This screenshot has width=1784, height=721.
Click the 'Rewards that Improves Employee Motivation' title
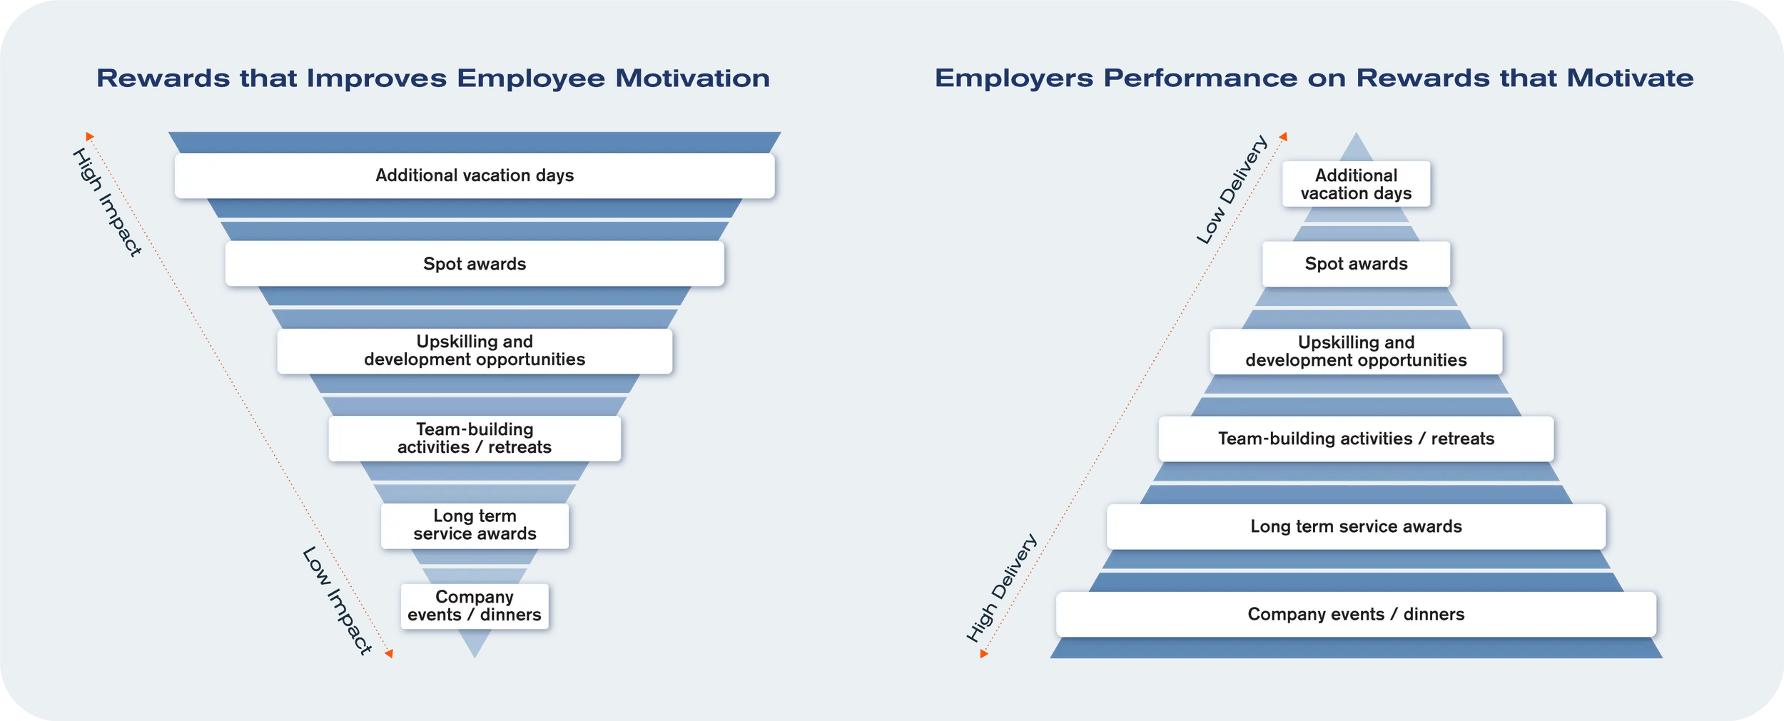433,78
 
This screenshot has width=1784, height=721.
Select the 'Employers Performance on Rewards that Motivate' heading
1314,78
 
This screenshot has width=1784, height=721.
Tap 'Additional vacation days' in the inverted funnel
475,175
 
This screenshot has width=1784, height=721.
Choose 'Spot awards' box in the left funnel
475,264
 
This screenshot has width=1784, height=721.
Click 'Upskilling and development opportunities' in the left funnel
475,351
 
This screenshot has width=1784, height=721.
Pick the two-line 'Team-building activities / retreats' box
475,439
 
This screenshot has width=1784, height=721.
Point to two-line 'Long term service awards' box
475,526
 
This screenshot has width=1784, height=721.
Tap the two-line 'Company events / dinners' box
475,606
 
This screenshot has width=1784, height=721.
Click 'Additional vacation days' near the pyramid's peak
1356,184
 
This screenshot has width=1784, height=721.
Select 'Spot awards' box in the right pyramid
1356,264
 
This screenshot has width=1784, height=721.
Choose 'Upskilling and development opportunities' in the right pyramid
1356,352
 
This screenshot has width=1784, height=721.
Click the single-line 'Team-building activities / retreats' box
1356,439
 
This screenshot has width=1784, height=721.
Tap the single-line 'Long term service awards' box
1356,526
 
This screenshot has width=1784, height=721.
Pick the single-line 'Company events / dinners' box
1356,614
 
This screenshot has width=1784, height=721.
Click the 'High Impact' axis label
107,202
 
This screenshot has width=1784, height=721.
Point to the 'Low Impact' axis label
337,600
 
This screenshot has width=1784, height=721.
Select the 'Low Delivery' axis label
1232,189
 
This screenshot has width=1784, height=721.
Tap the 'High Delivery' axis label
1001,588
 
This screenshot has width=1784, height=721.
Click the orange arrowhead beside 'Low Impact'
389,653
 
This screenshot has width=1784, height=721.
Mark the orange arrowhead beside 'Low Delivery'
1283,136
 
